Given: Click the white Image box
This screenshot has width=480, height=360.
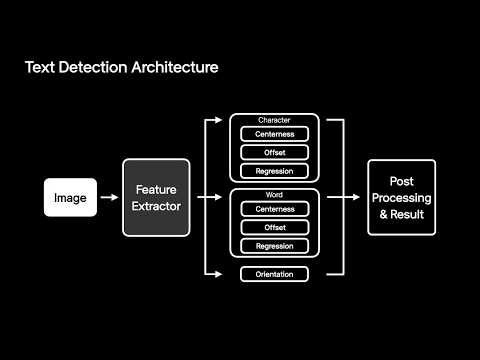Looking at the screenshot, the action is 70,197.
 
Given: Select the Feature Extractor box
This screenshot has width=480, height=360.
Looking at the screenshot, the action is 156,198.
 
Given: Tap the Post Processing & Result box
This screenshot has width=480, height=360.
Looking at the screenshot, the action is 402,197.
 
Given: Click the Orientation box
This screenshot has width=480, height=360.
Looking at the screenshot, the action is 274,274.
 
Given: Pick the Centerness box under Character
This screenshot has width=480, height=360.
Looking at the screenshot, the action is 274,134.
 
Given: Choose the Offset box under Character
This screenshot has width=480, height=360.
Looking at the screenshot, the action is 274,152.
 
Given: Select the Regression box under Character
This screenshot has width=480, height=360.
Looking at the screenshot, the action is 274,171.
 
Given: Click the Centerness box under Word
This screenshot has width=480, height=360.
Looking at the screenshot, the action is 275,209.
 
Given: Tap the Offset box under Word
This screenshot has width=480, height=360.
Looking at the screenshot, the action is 275,227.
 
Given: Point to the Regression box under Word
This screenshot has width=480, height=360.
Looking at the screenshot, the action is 275,246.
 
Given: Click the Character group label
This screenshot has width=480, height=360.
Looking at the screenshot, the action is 274,120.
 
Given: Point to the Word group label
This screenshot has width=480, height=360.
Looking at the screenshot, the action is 274,195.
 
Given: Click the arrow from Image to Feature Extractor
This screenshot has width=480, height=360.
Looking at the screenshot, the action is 109,197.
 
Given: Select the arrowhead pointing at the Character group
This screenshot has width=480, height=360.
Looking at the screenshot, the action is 218,120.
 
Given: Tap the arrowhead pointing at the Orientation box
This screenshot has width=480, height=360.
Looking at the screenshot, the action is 218,274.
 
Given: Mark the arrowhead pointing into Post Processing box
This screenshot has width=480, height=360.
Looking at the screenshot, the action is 356,197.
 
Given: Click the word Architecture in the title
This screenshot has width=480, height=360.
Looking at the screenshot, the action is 175,67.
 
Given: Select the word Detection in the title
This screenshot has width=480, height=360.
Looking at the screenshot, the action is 93,67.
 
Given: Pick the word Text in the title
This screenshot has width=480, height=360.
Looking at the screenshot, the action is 40,67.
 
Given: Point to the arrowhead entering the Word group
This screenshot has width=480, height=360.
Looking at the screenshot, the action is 218,197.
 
